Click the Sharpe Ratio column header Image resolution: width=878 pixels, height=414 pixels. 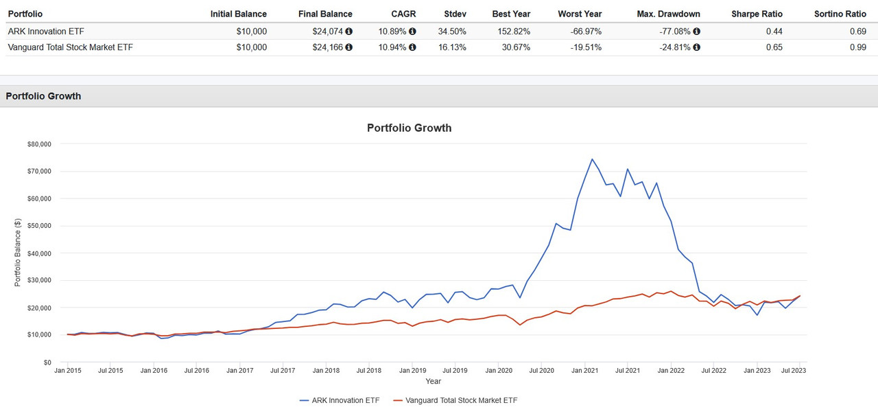757,14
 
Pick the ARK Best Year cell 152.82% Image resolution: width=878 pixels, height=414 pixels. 511,31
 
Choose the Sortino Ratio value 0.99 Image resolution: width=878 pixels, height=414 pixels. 857,47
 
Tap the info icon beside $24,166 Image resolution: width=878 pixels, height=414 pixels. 348,47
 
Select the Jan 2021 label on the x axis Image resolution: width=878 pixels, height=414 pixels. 585,370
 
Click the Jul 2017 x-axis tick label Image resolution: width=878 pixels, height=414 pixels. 283,370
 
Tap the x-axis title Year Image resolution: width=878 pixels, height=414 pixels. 433,381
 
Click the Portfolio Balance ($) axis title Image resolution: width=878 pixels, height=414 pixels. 18,253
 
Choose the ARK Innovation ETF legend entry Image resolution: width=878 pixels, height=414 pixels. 340,400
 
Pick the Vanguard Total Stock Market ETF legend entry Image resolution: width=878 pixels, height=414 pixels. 460,400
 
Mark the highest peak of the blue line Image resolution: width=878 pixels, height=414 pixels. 591,159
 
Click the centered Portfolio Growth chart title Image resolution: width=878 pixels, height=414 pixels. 409,128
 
